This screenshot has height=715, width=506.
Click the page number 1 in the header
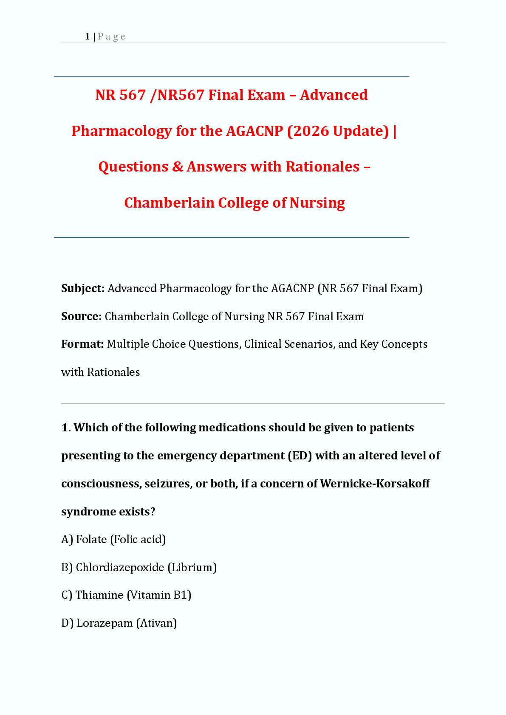(x=87, y=37)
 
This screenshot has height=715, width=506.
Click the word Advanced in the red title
(x=334, y=95)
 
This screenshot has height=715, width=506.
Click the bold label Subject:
(x=83, y=288)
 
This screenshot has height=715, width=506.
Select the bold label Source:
(x=81, y=316)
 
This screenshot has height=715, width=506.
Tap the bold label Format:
(x=82, y=344)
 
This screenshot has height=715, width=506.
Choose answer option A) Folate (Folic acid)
(x=113, y=539)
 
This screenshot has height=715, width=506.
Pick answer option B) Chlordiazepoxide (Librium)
(x=139, y=567)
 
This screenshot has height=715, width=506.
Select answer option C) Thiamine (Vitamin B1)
(x=126, y=595)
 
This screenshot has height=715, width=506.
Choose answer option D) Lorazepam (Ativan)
(x=119, y=623)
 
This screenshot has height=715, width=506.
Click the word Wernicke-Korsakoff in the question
(x=375, y=484)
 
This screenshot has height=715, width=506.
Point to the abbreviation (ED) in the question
(x=300, y=456)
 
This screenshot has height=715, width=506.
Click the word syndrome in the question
(x=88, y=511)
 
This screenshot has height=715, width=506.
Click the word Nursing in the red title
(x=317, y=203)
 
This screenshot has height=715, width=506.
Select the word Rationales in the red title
(x=322, y=166)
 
